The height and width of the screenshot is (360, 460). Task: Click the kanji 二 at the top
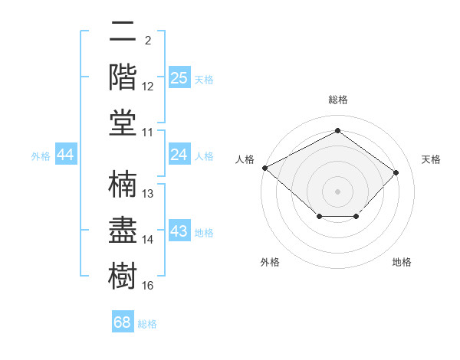(x=123, y=31)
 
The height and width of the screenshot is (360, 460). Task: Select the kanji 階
(x=123, y=77)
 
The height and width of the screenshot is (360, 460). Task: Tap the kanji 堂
(x=123, y=123)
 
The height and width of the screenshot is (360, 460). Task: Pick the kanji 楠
(x=123, y=184)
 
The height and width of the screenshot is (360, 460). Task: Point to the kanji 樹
(x=123, y=276)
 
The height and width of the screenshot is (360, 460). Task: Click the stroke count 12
(x=147, y=87)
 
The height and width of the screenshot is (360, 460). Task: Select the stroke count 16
(x=147, y=285)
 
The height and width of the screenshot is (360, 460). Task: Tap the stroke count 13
(x=147, y=194)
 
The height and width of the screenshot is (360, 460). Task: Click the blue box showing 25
(x=179, y=77)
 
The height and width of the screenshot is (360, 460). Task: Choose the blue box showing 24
(x=179, y=154)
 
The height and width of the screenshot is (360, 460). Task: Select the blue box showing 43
(x=179, y=230)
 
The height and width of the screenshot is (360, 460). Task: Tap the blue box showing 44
(x=66, y=154)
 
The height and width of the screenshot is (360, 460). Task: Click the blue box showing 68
(x=123, y=321)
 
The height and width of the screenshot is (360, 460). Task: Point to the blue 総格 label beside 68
(x=147, y=324)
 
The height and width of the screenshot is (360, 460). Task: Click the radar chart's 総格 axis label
(x=338, y=100)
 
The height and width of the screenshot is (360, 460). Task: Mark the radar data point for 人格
(x=265, y=168)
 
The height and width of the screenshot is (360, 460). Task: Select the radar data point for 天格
(x=396, y=172)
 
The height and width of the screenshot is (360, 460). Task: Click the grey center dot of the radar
(x=337, y=191)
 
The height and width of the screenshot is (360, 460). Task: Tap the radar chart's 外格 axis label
(x=270, y=262)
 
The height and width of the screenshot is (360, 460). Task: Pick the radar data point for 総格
(x=337, y=130)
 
